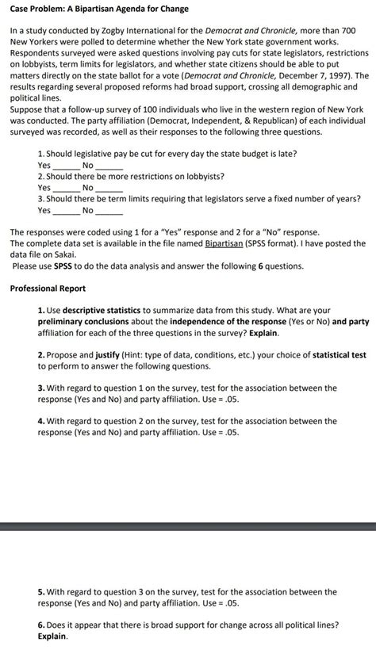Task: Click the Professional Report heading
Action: point(48,289)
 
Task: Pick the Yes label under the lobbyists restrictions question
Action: point(44,188)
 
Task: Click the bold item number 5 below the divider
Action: point(40,591)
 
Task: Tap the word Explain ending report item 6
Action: point(52,636)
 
